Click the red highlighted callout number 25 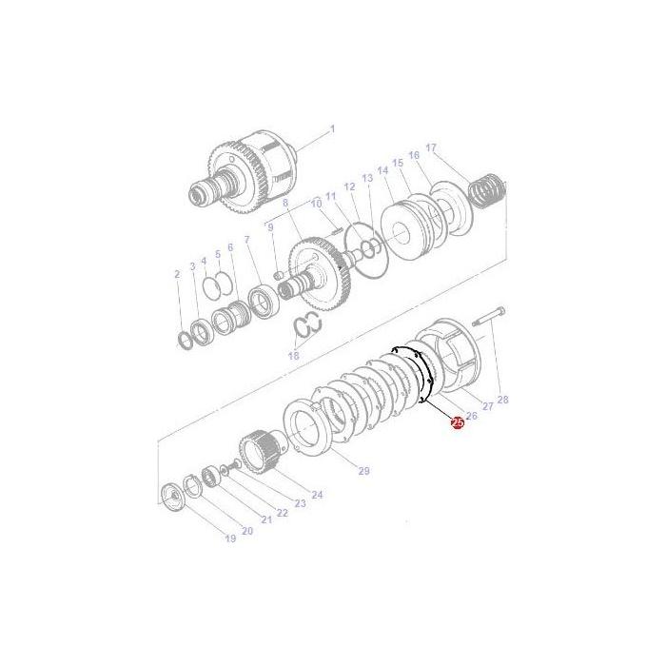tap(458, 421)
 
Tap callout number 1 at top tap(332, 128)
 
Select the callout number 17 tap(431, 147)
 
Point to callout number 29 tap(362, 471)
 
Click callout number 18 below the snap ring tap(293, 355)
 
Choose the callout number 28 tap(503, 400)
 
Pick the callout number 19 tap(229, 539)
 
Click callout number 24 tap(317, 494)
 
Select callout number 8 tap(284, 203)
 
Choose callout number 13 tap(367, 178)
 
